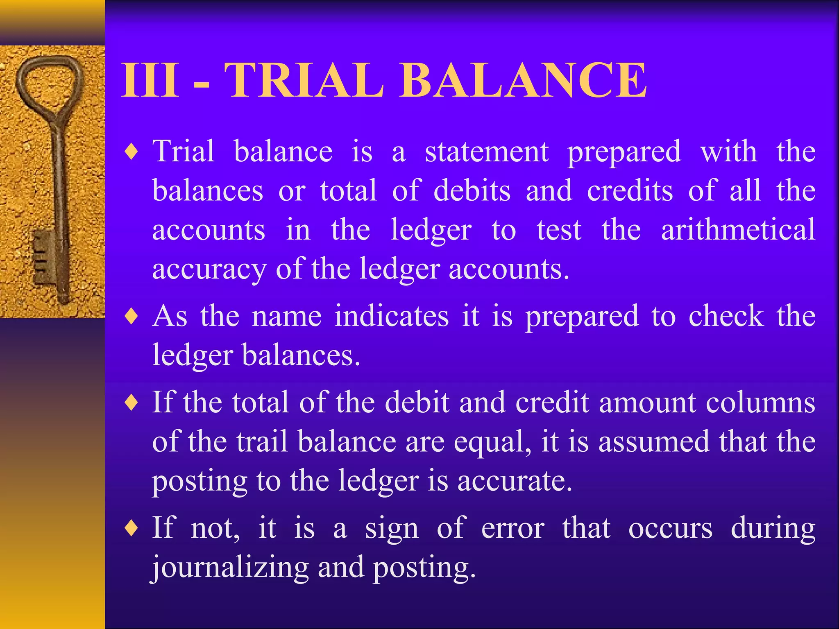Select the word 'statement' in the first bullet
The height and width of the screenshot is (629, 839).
pos(487,152)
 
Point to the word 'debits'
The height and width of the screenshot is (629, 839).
pos(472,191)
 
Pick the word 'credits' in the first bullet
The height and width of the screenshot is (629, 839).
pos(630,191)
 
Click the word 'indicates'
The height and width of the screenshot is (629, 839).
pos(392,316)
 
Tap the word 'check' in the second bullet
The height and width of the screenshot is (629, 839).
pos(726,316)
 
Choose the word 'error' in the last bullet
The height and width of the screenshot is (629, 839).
pos(513,528)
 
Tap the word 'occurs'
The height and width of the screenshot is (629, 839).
pos(670,528)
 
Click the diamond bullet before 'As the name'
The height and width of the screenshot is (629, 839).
pos(132,317)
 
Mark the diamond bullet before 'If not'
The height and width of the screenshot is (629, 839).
pos(132,528)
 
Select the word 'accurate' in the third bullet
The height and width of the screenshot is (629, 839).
pos(515,481)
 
